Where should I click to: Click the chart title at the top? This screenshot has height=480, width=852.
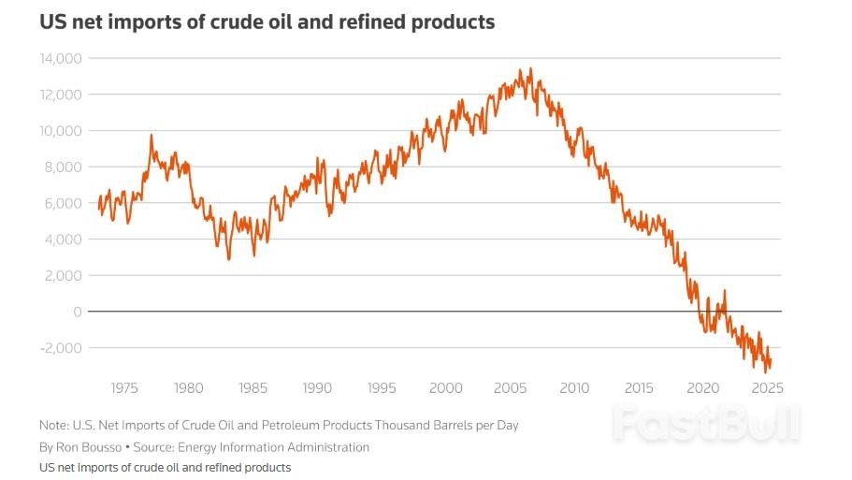tap(267, 22)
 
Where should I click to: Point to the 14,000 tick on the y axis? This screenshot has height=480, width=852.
tap(61, 59)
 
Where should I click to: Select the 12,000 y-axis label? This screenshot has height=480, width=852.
tap(61, 95)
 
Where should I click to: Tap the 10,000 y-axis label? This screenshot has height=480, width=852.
tap(61, 131)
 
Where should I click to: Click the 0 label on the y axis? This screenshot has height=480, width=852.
tap(79, 312)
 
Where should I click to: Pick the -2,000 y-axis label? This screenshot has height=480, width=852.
tap(63, 348)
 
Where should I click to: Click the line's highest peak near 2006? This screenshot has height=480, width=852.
tap(531, 68)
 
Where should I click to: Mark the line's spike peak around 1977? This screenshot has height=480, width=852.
tap(152, 135)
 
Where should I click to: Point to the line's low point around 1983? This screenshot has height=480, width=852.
tap(229, 258)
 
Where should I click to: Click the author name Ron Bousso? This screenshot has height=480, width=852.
tap(87, 447)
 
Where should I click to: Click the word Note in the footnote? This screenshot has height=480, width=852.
tap(53, 425)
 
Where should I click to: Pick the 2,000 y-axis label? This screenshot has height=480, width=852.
tap(65, 276)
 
